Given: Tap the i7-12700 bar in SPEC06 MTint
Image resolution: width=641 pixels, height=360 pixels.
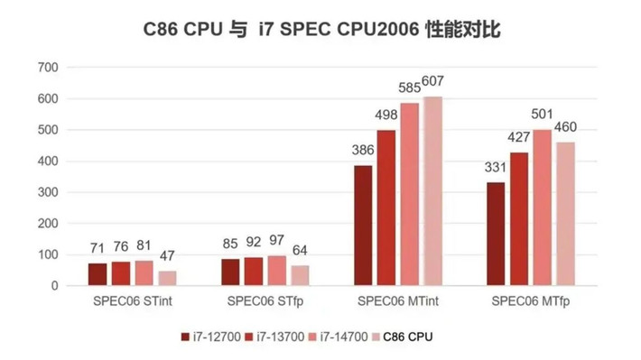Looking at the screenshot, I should click(x=363, y=226).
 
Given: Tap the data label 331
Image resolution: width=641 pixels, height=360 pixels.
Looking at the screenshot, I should click(x=496, y=169).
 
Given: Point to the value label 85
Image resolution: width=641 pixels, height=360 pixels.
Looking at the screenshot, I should click(x=230, y=245).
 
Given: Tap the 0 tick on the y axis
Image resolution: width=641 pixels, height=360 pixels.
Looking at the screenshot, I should click(x=54, y=286).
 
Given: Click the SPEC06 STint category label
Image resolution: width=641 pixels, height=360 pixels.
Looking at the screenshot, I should click(x=130, y=300).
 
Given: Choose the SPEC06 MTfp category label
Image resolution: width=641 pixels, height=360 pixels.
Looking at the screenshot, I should click(x=530, y=300).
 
